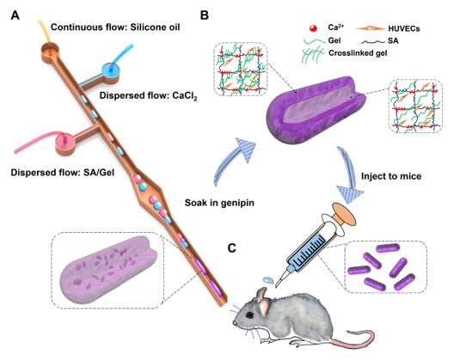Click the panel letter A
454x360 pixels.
coord(15,15)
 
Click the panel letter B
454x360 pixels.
coord(205,15)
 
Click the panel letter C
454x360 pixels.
coord(232,248)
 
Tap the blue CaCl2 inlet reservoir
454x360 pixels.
coord(111,70)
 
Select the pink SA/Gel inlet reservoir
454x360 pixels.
coord(65,142)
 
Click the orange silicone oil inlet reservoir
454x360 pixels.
coord(51,49)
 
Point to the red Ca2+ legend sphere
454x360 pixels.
coord(313,28)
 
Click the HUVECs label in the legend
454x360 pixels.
coord(404,28)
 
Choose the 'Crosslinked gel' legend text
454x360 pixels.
coord(358,53)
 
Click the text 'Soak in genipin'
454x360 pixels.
coord(219,203)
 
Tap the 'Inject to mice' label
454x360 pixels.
coord(391,176)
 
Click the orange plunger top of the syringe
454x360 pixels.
coord(344,214)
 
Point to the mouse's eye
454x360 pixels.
coord(249,315)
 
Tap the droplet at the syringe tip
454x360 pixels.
coord(268,280)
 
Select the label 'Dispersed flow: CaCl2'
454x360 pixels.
coord(148,95)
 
